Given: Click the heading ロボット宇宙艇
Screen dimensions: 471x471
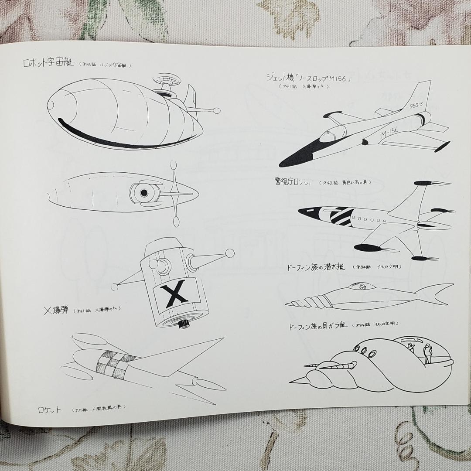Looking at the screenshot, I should pos(49,63).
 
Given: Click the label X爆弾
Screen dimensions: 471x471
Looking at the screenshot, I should pos(57,311).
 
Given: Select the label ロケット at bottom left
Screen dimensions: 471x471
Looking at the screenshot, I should pos(49,410).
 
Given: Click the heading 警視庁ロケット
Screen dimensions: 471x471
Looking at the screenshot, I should pos(293,182).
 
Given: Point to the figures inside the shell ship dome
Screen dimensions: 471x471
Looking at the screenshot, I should pos(419,352).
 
